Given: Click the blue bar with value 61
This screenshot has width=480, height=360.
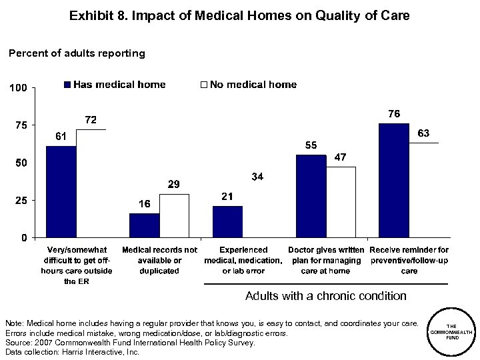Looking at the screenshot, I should click(x=61, y=191).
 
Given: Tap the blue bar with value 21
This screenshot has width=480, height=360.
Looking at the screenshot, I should click(x=227, y=221).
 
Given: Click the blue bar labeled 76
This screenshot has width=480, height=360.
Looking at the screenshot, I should click(x=393, y=180).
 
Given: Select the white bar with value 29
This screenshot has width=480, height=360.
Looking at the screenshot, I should click(x=174, y=215).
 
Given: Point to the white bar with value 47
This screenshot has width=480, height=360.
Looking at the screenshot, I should click(x=341, y=202).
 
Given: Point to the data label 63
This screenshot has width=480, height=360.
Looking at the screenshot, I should click(x=423, y=133).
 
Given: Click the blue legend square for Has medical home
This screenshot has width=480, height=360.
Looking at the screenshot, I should click(x=67, y=85).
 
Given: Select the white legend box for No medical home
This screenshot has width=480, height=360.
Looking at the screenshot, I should click(x=205, y=85).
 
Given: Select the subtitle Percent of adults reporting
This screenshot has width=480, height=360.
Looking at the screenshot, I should click(x=76, y=53).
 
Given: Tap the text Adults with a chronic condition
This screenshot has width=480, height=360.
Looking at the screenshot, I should click(x=326, y=295).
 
